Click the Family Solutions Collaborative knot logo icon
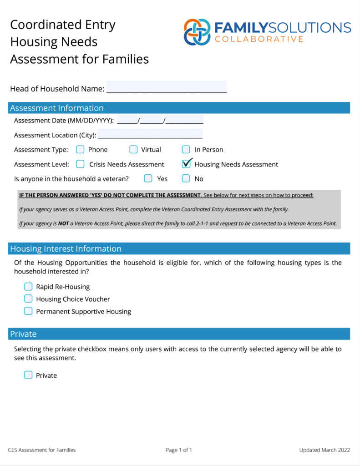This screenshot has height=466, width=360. pos(197,32)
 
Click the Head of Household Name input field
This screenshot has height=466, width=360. pos(166,87)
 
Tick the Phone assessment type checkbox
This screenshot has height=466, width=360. pos(80,149)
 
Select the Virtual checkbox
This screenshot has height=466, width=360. pos(133,149)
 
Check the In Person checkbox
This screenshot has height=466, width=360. pos(186,149)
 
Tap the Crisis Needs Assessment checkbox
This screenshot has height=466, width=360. pos(80,164)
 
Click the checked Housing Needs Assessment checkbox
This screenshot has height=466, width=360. pos(186,164)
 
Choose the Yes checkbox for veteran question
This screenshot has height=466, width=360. pos(148,178)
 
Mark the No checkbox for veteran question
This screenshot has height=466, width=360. pos(186,178)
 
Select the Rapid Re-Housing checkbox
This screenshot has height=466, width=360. pos(28,287)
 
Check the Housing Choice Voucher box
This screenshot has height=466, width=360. pos(28,299)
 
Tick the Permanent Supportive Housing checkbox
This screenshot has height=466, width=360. pos(28,311)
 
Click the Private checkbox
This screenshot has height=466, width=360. pos(28,375)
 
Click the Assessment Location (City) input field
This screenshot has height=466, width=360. pos(150,134)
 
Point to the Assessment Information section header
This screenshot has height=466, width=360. pos(57,108)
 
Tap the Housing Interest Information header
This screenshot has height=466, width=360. pos(66,248)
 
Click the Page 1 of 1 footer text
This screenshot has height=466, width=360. pos(179,450)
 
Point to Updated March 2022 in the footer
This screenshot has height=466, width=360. pos(325,450)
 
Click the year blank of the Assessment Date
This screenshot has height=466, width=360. pos(184,120)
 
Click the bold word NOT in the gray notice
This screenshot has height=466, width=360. pos(63,223)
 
